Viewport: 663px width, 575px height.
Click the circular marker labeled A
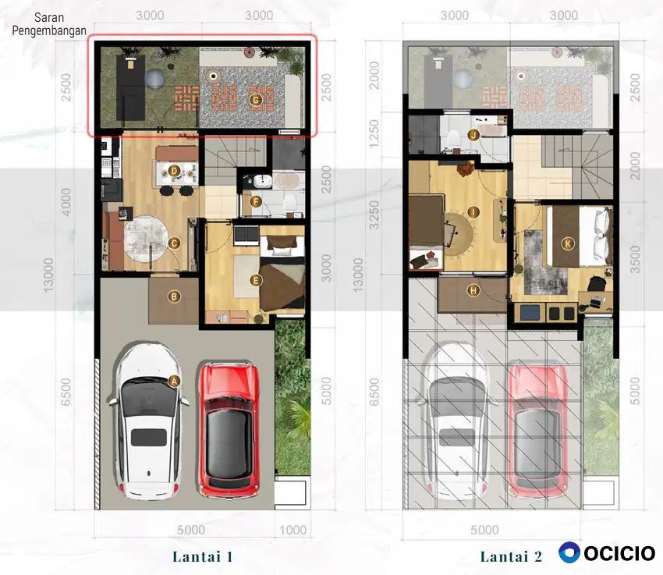click(x=174, y=381)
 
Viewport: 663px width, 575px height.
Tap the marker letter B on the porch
click(x=174, y=296)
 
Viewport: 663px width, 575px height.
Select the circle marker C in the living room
click(x=174, y=243)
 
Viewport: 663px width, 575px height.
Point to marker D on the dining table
click(x=174, y=171)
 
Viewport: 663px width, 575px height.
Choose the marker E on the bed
click(x=255, y=280)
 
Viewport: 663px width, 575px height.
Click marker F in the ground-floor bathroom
click(x=255, y=201)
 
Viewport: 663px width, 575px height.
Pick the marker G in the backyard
click(x=255, y=100)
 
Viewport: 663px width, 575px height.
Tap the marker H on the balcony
click(x=473, y=290)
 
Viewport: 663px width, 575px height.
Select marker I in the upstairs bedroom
click(x=473, y=211)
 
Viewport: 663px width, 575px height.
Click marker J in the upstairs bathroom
click(x=473, y=135)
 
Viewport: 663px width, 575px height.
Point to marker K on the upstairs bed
click(x=567, y=243)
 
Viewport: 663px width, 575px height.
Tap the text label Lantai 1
click(x=203, y=556)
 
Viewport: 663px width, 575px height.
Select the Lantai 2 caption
click(x=511, y=556)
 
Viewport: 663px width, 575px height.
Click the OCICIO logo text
click(x=619, y=553)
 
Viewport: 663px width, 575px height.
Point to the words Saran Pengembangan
click(x=49, y=24)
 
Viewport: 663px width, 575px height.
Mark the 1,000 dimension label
click(x=292, y=530)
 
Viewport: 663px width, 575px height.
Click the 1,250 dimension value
click(x=374, y=133)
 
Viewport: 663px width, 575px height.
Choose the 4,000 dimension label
click(x=66, y=201)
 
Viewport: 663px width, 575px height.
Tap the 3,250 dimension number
click(x=374, y=215)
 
